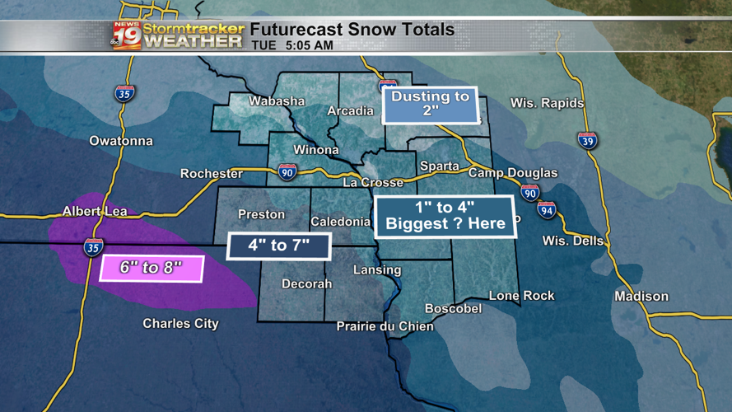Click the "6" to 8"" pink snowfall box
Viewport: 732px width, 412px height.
pyautogui.click(x=151, y=269)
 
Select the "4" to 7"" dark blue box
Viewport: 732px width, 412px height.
pyautogui.click(x=278, y=246)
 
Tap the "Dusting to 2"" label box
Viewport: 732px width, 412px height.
pyautogui.click(x=431, y=104)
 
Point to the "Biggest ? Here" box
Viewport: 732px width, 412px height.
pyautogui.click(x=445, y=217)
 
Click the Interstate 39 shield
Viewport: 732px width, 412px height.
pyautogui.click(x=587, y=140)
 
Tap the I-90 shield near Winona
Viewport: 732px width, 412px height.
pyautogui.click(x=287, y=171)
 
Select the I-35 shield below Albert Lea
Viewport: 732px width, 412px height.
pyautogui.click(x=93, y=246)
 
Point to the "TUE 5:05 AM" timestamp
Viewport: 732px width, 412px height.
pyautogui.click(x=292, y=45)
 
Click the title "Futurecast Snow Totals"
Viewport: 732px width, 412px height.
pyautogui.click(x=352, y=30)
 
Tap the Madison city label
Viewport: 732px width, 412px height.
pyautogui.click(x=641, y=296)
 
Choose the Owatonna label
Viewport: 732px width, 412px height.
pyautogui.click(x=121, y=141)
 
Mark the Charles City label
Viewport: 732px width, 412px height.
pyautogui.click(x=180, y=323)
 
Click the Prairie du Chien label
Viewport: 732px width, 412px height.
pyautogui.click(x=385, y=326)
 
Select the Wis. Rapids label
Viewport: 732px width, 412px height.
pyautogui.click(x=547, y=103)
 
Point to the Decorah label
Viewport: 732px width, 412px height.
pyautogui.click(x=306, y=283)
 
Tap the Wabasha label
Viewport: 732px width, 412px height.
pyautogui.click(x=277, y=101)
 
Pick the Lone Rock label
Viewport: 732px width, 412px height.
pyautogui.click(x=521, y=295)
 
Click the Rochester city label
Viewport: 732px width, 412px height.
pyautogui.click(x=212, y=174)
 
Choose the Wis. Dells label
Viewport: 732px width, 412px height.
pyautogui.click(x=572, y=241)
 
